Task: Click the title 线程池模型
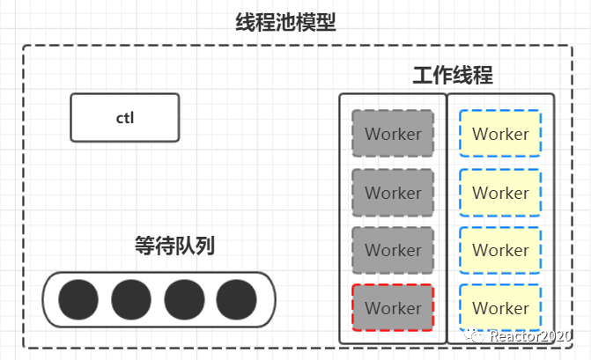tap(285, 22)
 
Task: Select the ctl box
tap(125, 118)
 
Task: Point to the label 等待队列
tap(174, 246)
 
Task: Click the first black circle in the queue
tap(78, 299)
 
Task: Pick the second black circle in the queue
tap(131, 299)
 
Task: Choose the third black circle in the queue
tap(184, 299)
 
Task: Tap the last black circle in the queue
tap(236, 299)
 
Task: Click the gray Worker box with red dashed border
tap(393, 308)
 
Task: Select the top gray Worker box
tap(393, 135)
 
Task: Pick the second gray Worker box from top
tap(393, 193)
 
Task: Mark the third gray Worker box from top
tap(393, 250)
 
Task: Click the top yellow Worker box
tap(500, 135)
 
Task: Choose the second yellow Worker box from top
tap(500, 193)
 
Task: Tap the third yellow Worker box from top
tap(500, 250)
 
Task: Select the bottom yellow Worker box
tap(500, 308)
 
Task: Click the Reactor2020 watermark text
tap(532, 336)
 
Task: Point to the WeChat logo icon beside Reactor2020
tap(476, 335)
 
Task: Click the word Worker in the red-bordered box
tap(393, 308)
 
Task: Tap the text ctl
tap(125, 118)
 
